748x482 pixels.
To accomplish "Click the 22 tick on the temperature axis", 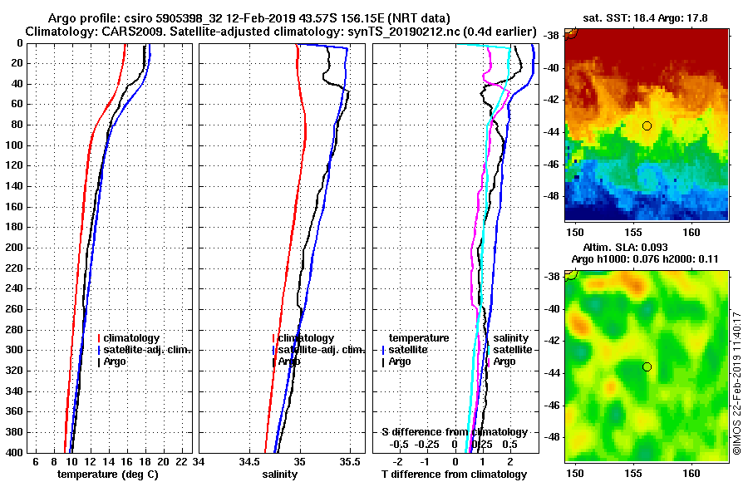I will tap(182, 461).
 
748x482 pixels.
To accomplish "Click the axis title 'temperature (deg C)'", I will tap(107, 474).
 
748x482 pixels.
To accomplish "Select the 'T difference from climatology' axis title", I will tap(454, 474).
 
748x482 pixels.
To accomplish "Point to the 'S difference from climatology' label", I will tap(454, 432).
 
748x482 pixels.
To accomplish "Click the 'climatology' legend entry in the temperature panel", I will tap(133, 338).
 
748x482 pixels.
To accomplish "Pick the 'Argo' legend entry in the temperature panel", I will tap(116, 361).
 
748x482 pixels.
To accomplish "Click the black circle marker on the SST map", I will tap(647, 125).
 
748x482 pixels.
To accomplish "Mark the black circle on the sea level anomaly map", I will tap(647, 366).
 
